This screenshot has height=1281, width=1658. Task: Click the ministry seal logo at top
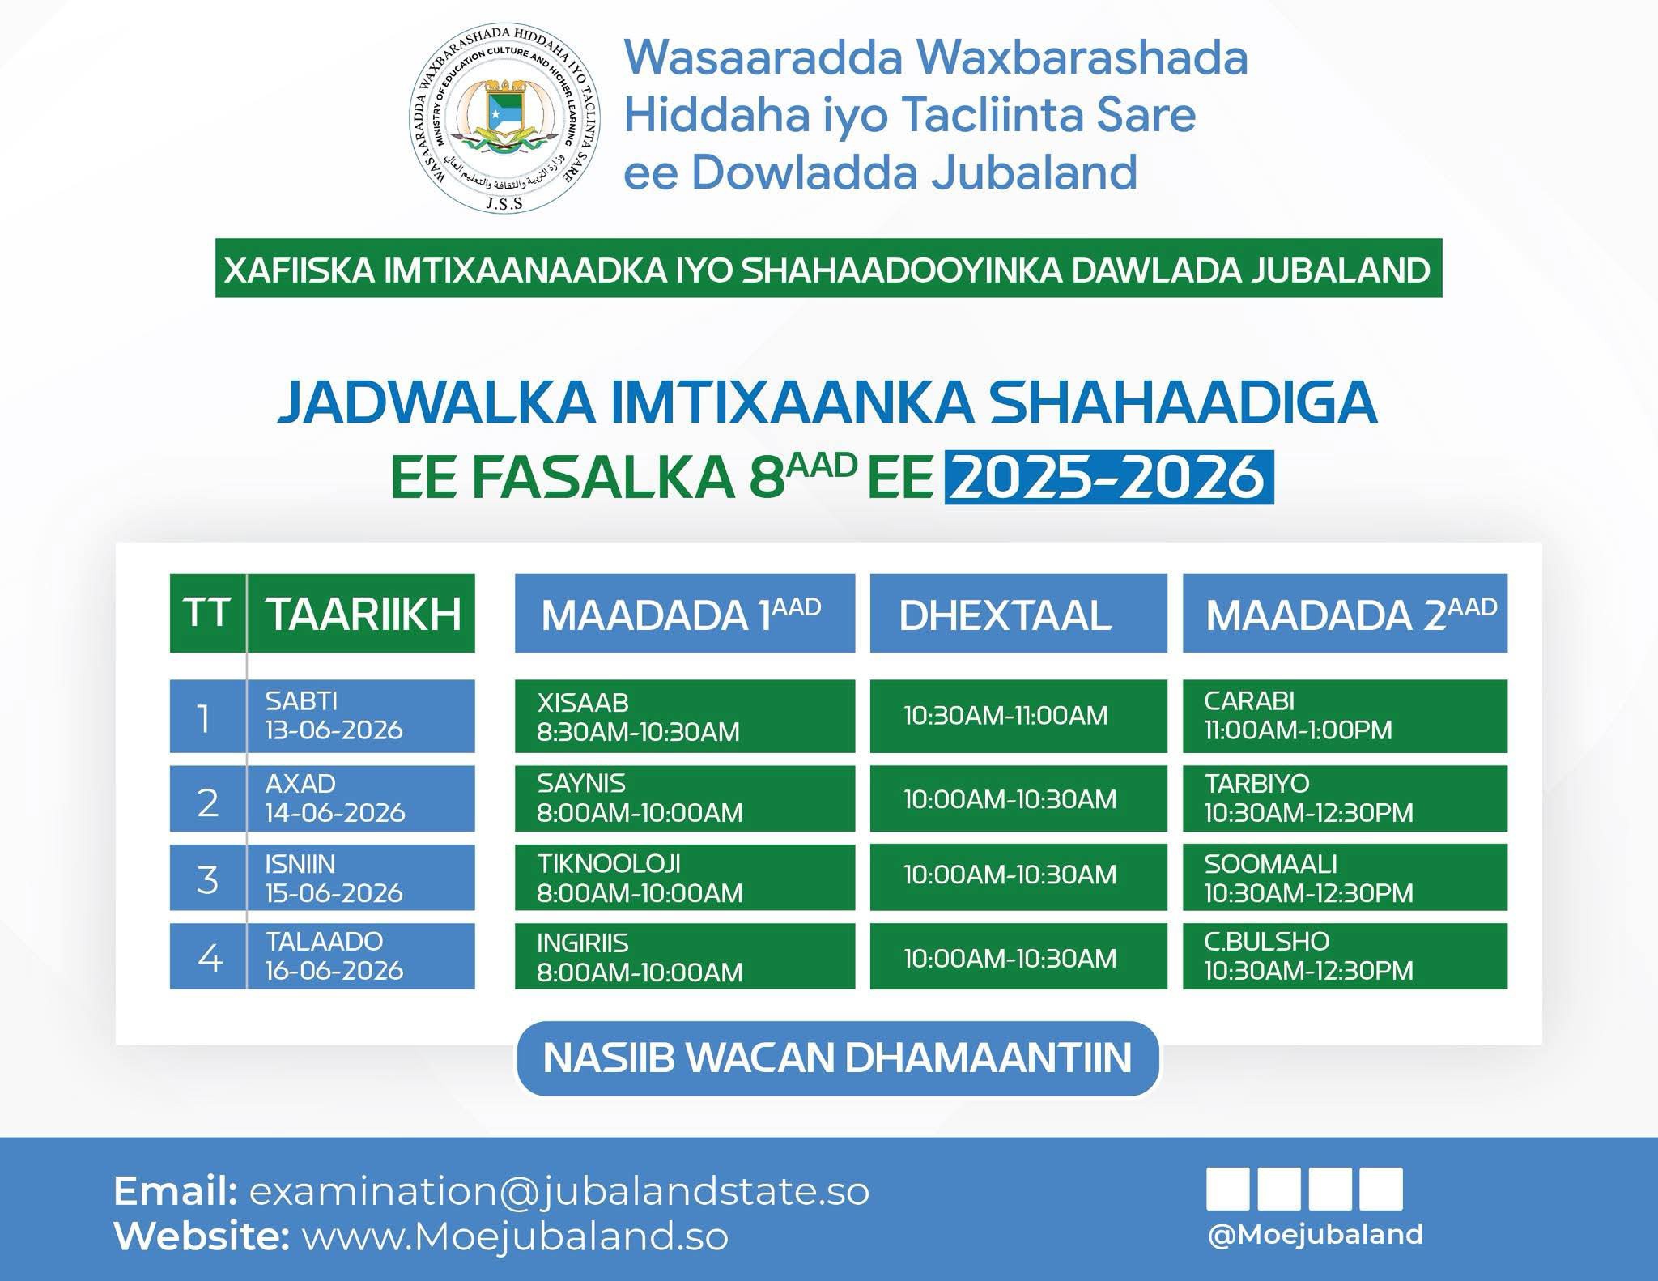click(x=505, y=117)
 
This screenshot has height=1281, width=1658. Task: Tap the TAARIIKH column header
click(x=361, y=613)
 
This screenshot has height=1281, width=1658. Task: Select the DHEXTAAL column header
click(x=1018, y=613)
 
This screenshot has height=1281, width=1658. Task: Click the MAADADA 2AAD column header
click(x=1345, y=613)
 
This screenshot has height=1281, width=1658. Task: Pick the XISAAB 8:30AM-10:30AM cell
click(x=685, y=717)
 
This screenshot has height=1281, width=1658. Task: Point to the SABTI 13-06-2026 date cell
click(x=361, y=717)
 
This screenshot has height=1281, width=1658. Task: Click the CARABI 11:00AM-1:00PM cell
click(x=1345, y=717)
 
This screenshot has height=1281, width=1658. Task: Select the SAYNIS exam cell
click(x=685, y=798)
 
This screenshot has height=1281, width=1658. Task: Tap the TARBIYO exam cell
click(x=1345, y=798)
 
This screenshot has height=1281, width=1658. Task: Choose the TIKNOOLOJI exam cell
click(x=685, y=878)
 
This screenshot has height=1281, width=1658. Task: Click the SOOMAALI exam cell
click(x=1345, y=878)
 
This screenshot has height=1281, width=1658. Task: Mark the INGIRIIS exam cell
click(x=685, y=956)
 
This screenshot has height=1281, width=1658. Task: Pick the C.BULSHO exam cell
click(x=1345, y=956)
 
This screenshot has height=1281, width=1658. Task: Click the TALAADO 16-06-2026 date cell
click(x=361, y=956)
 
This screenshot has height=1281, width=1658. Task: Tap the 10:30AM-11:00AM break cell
click(x=1018, y=717)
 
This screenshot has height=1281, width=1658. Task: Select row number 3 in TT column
click(x=208, y=878)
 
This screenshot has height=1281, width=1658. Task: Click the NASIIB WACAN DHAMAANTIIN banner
click(x=838, y=1058)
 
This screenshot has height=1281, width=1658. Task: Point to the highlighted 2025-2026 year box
click(x=1109, y=478)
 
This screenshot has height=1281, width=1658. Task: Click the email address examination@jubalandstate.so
click(x=559, y=1191)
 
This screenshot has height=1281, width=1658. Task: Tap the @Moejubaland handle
click(x=1315, y=1235)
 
